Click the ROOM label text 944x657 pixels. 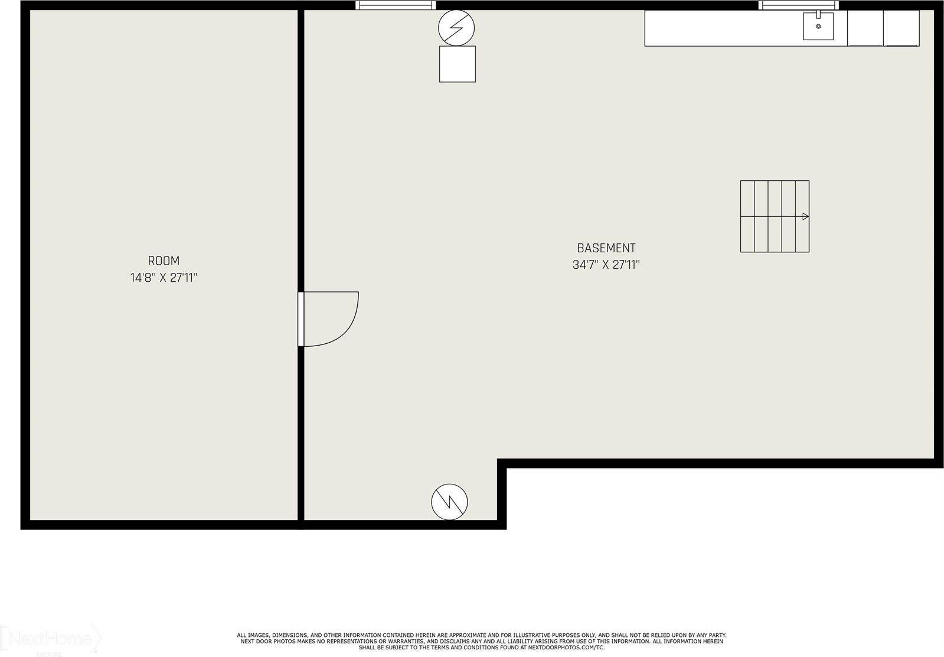point(164,261)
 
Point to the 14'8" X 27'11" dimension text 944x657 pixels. point(164,278)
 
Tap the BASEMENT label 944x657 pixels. point(606,248)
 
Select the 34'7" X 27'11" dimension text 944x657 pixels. point(606,265)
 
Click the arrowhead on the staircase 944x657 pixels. point(806,216)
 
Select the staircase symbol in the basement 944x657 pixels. point(775,216)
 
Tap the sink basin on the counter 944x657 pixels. point(818,27)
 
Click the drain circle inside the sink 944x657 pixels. point(818,26)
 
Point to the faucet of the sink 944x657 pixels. point(819,15)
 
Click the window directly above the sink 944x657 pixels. point(799,5)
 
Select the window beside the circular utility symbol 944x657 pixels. point(396,5)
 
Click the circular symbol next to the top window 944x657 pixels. point(456,28)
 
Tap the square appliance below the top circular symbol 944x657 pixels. point(458,64)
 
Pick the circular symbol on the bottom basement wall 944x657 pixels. point(449,502)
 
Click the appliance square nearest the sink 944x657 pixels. point(865,28)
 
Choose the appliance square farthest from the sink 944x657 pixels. point(901,28)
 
